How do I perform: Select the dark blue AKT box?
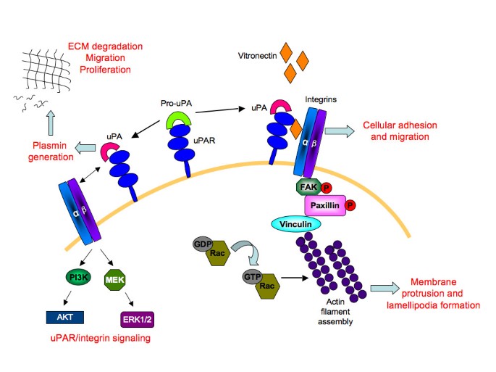(65, 316)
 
